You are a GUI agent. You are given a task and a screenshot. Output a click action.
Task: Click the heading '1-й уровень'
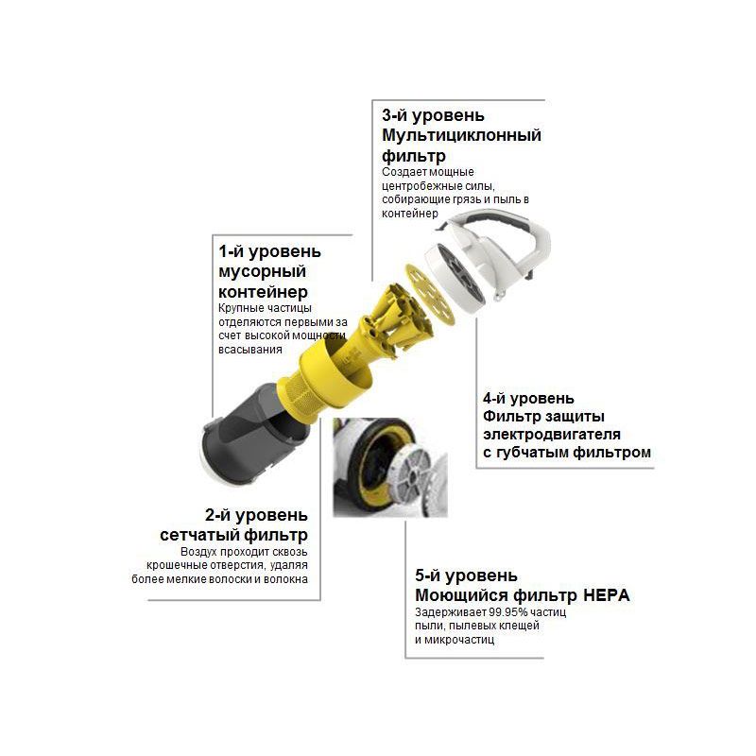tap(269, 251)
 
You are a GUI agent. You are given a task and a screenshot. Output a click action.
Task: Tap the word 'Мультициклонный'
tap(461, 135)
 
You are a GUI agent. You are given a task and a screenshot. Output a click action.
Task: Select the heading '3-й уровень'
tap(433, 115)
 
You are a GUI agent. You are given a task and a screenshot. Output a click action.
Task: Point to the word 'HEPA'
tap(607, 595)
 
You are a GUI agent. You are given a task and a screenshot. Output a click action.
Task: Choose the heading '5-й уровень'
tap(466, 576)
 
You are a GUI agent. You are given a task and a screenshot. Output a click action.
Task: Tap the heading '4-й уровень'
tap(528, 399)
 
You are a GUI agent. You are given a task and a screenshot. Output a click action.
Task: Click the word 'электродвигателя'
tap(552, 435)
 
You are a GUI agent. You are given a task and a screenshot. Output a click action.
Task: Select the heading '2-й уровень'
tap(256, 515)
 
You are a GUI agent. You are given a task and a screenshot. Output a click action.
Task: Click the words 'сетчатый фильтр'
tap(233, 535)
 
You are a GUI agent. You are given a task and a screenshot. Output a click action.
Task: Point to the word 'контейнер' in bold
tap(264, 292)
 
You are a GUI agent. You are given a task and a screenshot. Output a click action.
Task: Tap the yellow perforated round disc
tap(430, 294)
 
